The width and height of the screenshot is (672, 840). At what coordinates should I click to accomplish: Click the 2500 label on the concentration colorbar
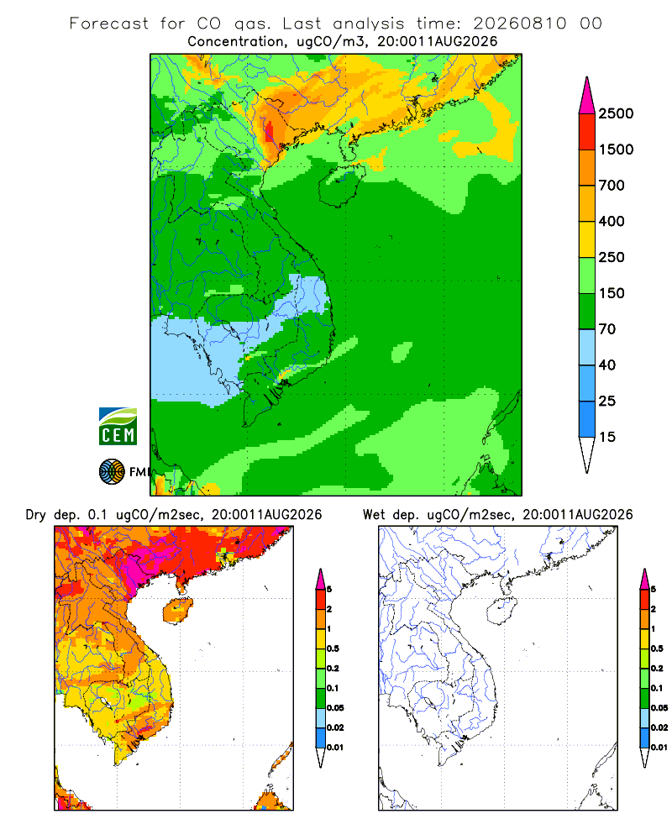point(616,113)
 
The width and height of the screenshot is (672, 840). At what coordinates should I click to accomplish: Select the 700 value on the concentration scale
point(612,186)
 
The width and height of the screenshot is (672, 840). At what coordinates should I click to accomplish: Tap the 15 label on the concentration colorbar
point(607,437)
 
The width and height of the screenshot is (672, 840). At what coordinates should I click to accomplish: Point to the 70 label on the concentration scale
point(607,329)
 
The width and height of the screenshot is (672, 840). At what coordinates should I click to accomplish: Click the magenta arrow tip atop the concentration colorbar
point(587,96)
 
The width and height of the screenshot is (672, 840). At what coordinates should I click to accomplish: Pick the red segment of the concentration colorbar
point(587,132)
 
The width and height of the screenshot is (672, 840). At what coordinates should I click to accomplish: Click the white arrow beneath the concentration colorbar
point(587,454)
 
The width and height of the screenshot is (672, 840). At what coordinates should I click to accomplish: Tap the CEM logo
point(118,427)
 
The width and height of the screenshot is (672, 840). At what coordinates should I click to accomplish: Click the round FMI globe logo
point(112,472)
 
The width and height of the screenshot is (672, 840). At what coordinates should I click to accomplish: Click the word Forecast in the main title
point(109,24)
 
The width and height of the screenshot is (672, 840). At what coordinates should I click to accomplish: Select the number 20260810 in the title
point(519,24)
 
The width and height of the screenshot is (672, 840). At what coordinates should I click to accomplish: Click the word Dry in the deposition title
point(36,515)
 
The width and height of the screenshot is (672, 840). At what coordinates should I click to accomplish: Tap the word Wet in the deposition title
point(374,515)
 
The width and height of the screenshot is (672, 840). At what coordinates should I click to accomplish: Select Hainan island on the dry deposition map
point(177,611)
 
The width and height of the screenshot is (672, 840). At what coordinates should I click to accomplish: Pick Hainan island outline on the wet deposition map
point(501,611)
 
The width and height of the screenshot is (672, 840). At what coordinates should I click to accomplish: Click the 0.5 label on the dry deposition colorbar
point(333,648)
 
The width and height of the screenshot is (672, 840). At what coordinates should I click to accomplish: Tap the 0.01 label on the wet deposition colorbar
point(659,748)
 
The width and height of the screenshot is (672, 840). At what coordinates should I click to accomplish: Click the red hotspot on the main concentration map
point(269,131)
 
